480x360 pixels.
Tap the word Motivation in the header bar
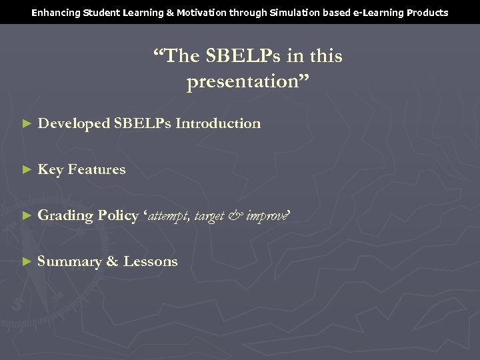coord(200,13)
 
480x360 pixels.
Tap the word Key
coord(50,170)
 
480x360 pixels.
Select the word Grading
coord(65,216)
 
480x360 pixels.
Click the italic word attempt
coord(169,217)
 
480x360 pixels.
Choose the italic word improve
coord(266,217)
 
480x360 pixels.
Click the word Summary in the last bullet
coord(69,262)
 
